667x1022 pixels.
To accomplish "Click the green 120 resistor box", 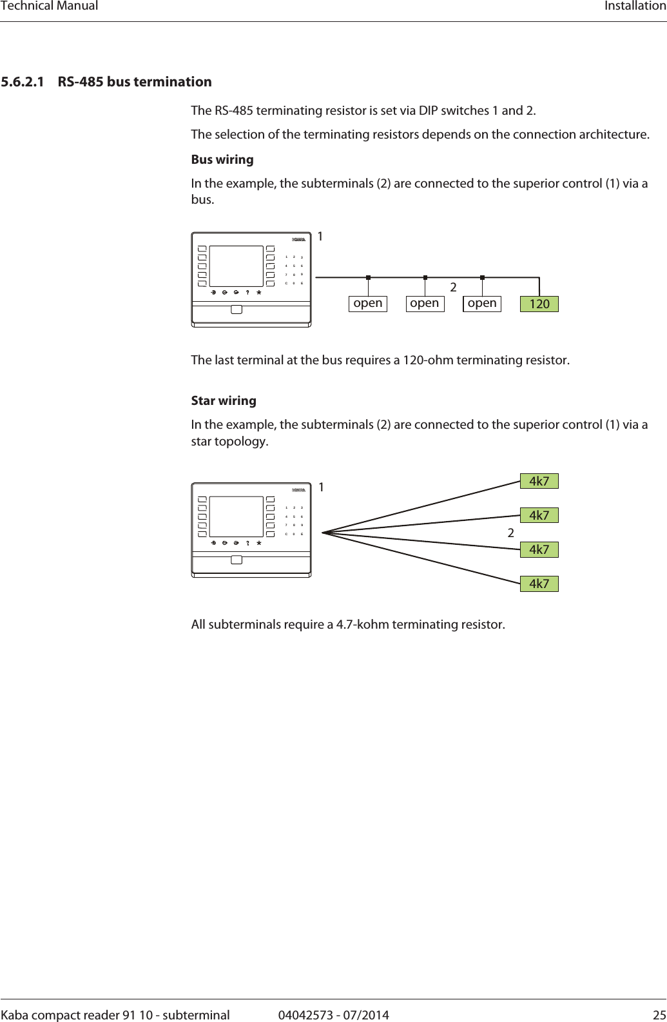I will tap(539, 304).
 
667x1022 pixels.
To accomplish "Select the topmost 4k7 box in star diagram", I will tap(539, 481).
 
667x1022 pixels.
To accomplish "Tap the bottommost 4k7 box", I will tap(539, 584).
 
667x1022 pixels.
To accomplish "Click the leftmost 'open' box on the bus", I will tap(368, 303).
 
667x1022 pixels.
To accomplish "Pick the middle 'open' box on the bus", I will tap(425, 303).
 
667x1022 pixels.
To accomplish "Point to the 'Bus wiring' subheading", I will tap(222, 159).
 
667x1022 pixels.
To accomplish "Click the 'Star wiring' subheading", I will tap(224, 400).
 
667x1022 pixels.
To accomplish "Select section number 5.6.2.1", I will tap(23, 82).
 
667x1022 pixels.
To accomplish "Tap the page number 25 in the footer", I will tap(659, 1015).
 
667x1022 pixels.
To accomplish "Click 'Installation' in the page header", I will tap(635, 6).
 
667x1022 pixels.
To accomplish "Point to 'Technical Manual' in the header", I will tap(50, 6).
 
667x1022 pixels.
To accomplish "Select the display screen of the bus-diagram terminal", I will tap(237, 266).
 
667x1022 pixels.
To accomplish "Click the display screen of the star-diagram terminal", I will tap(237, 516).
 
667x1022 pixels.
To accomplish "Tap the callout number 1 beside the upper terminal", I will tap(320, 237).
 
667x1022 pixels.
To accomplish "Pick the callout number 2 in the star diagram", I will tap(511, 533).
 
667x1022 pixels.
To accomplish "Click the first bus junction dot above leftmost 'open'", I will tap(368, 277).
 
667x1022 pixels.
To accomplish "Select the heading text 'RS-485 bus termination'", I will tap(135, 82).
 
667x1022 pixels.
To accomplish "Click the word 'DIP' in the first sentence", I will tap(428, 110).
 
